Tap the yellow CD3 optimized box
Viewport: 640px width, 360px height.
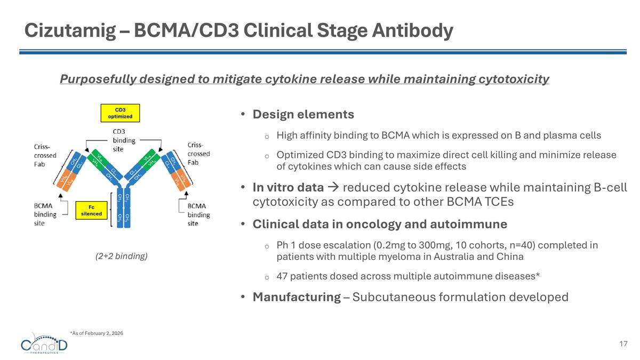(120, 113)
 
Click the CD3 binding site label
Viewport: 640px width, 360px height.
(123, 140)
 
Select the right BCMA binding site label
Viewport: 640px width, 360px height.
(198, 214)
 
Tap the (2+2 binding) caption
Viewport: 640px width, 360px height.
(121, 256)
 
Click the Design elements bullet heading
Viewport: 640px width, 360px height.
(303, 115)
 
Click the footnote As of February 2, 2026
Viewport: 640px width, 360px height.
(97, 333)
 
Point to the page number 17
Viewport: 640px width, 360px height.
(623, 344)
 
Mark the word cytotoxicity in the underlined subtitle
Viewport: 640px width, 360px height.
(511, 79)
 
